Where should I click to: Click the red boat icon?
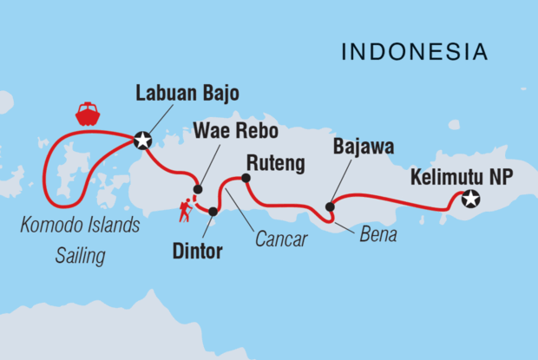coord(88,114)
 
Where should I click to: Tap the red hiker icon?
coord(185,209)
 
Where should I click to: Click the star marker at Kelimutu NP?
coord(470,199)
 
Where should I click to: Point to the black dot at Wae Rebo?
coord(198,189)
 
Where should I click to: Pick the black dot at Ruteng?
coord(246,179)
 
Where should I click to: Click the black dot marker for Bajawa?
coord(330,206)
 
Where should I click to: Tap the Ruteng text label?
coord(275,160)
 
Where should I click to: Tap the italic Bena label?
coord(378,235)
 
